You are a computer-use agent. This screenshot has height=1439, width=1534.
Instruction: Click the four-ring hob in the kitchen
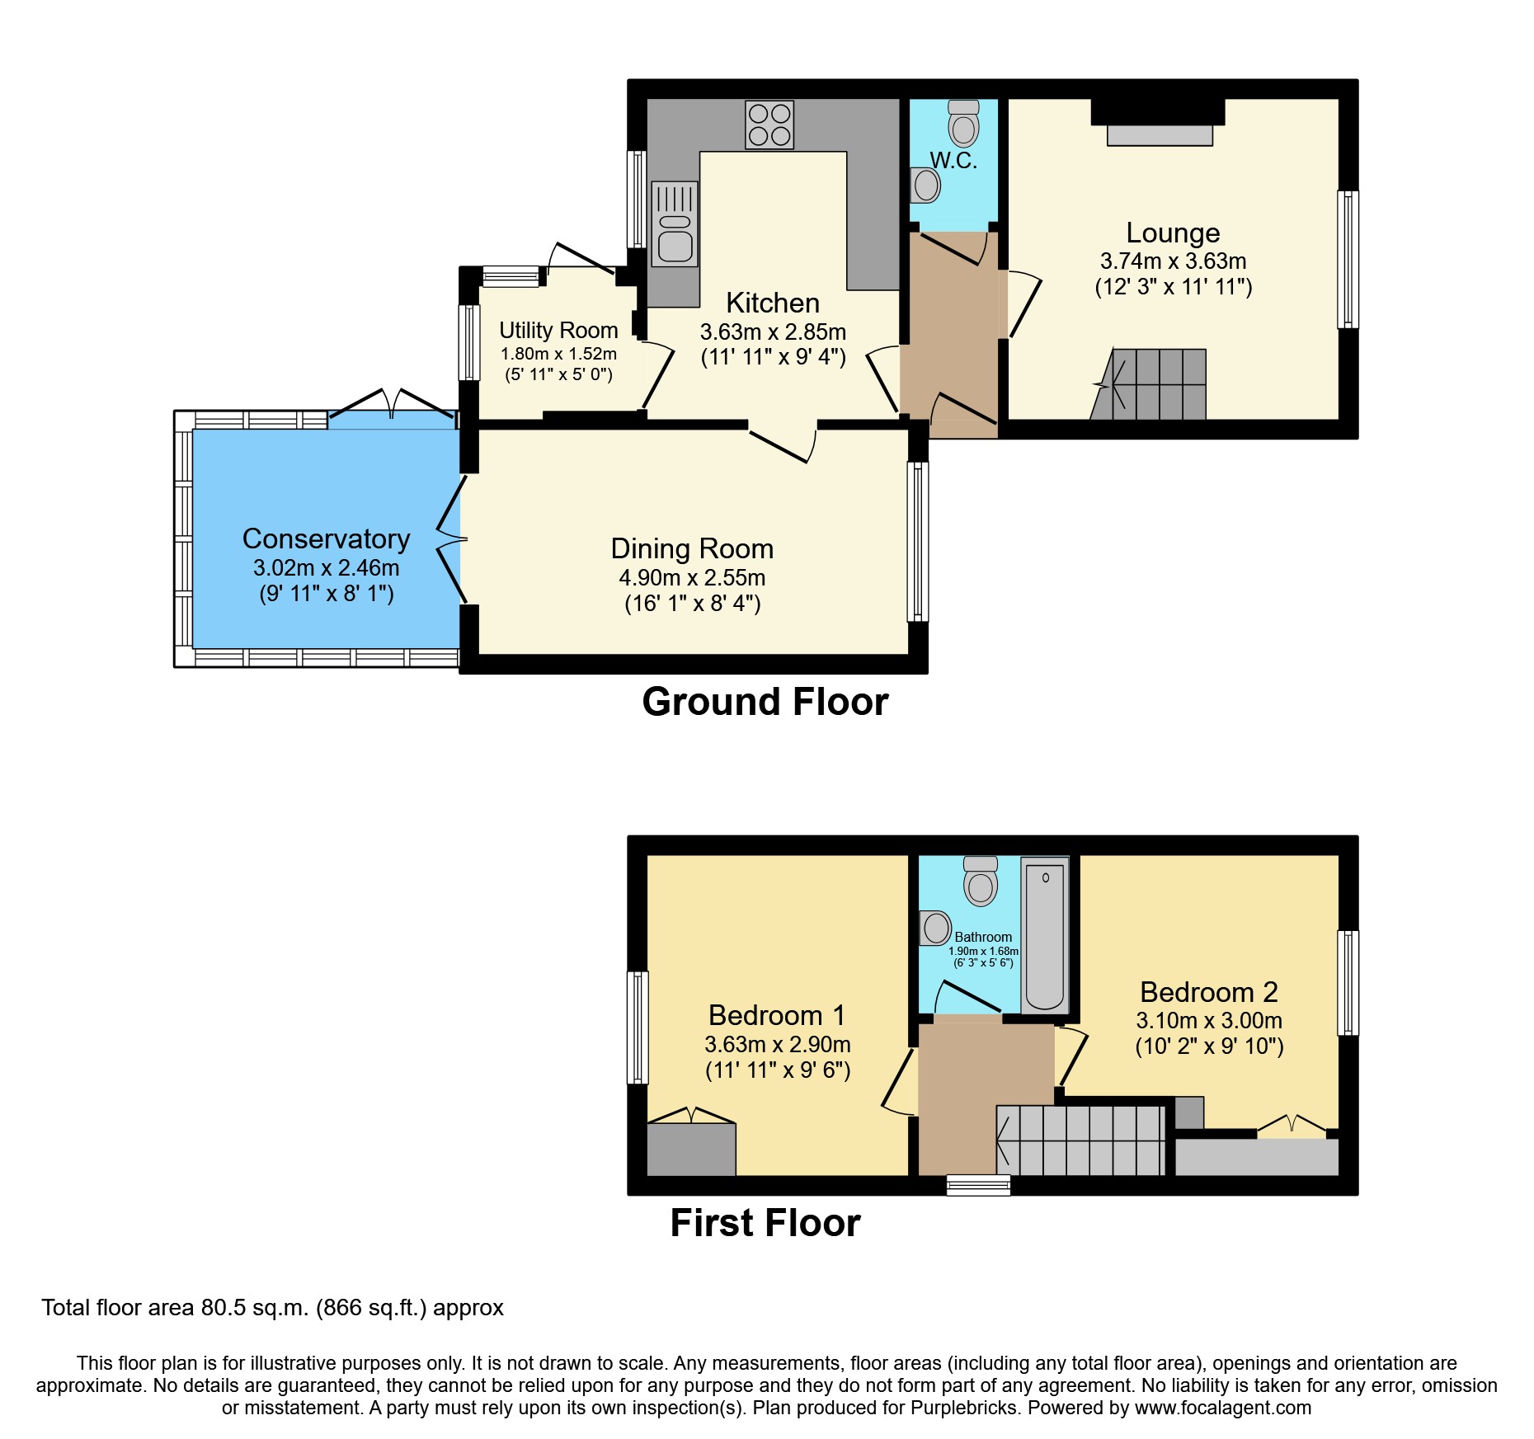pyautogui.click(x=769, y=125)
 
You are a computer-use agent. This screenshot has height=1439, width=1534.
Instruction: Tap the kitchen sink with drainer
pyautogui.click(x=675, y=223)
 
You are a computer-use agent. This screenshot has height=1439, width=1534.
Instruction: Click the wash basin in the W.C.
pyautogui.click(x=926, y=186)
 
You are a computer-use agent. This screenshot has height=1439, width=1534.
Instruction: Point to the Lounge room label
pyautogui.click(x=1173, y=233)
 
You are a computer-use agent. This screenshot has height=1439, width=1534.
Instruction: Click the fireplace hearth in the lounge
pyautogui.click(x=1159, y=135)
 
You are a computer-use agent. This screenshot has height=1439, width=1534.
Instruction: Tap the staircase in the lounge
pyautogui.click(x=1155, y=385)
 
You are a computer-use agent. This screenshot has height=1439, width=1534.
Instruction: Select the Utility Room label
pyautogui.click(x=558, y=331)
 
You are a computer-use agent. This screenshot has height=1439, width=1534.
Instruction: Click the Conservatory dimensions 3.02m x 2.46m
pyautogui.click(x=326, y=568)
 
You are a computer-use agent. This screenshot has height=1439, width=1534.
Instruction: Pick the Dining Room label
pyautogui.click(x=692, y=549)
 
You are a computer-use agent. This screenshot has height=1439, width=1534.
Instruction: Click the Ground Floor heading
pyautogui.click(x=765, y=703)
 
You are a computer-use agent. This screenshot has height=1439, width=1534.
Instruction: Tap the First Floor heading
pyautogui.click(x=765, y=1223)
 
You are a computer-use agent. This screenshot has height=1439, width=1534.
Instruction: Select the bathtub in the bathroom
pyautogui.click(x=1045, y=935)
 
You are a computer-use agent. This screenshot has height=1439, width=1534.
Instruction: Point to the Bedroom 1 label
pyautogui.click(x=777, y=1015)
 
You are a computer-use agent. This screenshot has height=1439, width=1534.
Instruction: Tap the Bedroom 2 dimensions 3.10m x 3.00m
pyautogui.click(x=1208, y=1021)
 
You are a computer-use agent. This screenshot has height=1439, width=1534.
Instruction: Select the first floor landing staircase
pyautogui.click(x=1080, y=1140)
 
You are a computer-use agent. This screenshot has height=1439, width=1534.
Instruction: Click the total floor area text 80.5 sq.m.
pyautogui.click(x=272, y=1308)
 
